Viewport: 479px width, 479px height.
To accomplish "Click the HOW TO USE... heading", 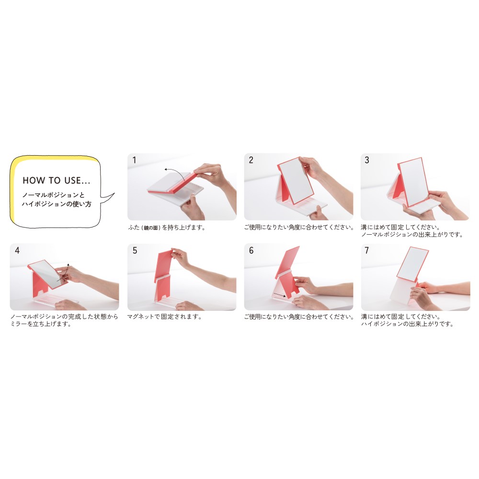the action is pyautogui.click(x=57, y=180).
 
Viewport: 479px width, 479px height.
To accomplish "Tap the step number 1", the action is pyautogui.click(x=134, y=160).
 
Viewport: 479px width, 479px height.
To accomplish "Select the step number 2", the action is pyautogui.click(x=251, y=160).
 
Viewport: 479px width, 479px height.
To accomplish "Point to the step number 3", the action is pyautogui.click(x=367, y=160).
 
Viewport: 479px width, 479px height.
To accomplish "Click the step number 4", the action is pyautogui.click(x=17, y=251).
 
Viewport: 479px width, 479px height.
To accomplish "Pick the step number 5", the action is pyautogui.click(x=135, y=251).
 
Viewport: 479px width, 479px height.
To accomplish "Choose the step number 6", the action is pyautogui.click(x=251, y=251).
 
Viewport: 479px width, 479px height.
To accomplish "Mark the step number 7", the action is pyautogui.click(x=367, y=251).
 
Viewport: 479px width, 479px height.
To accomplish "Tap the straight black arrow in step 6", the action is pyautogui.click(x=280, y=295).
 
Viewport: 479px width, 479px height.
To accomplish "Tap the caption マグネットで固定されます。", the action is pyautogui.click(x=165, y=317).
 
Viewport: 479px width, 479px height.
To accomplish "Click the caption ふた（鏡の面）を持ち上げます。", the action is pyautogui.click(x=167, y=228).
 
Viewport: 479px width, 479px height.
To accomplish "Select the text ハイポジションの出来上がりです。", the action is pyautogui.click(x=408, y=324).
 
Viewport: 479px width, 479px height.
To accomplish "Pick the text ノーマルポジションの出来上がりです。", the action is pyautogui.click(x=412, y=235).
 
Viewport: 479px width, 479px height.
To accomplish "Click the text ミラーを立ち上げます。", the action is pyautogui.click(x=41, y=324).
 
